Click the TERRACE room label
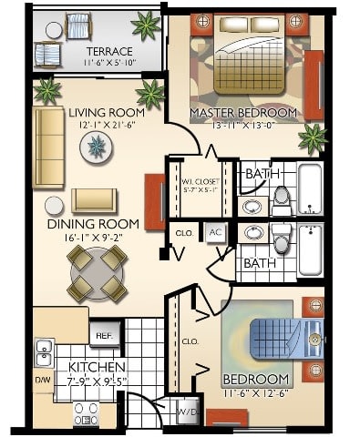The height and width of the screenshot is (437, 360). [108, 51]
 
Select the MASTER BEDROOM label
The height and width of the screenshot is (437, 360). [243, 113]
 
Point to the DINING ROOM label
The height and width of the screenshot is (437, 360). [94, 223]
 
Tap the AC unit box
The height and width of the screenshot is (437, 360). [214, 232]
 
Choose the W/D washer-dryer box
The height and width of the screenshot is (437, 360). [189, 412]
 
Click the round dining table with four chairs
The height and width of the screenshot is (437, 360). [96, 274]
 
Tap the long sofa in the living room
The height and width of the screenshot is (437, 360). [48, 147]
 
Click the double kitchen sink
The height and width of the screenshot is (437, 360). [44, 351]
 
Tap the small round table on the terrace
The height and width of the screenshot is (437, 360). [53, 30]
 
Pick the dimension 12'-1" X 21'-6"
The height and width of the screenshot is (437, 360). [108, 125]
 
